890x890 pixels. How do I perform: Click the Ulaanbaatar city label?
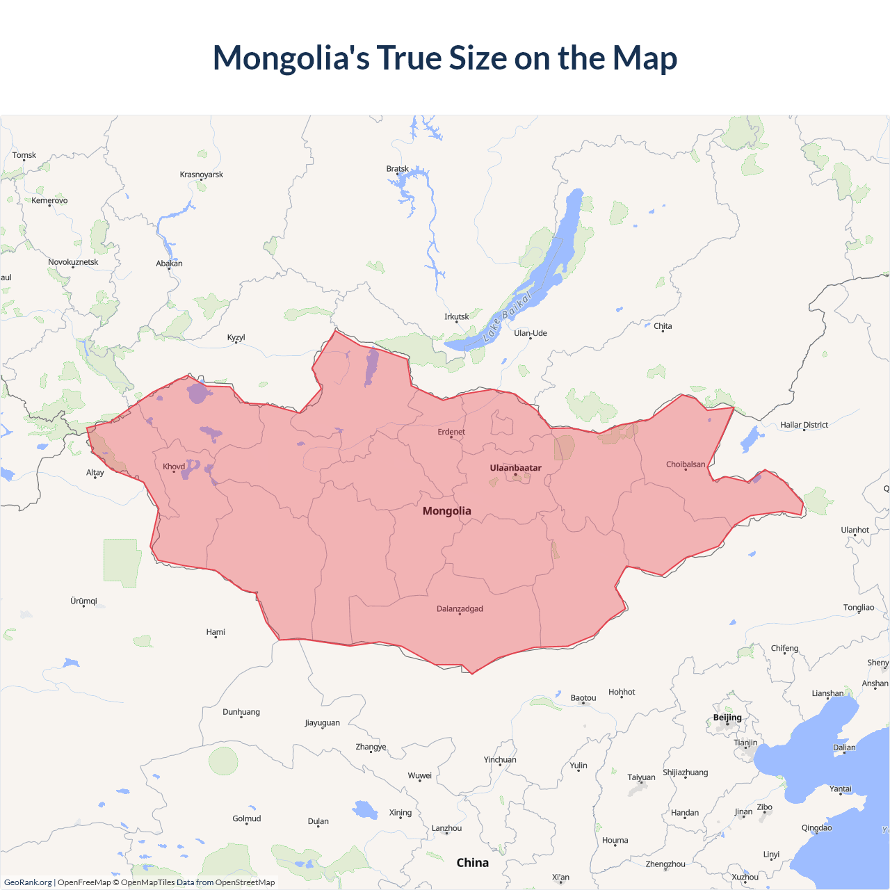(x=515, y=468)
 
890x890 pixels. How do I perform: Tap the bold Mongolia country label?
(x=446, y=511)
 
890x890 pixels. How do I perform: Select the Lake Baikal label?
(x=508, y=316)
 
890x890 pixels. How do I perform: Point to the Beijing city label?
(x=727, y=718)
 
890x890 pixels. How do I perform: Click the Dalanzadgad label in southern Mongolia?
(x=460, y=609)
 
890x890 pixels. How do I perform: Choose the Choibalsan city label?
(x=685, y=464)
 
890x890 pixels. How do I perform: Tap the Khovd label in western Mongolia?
(x=174, y=467)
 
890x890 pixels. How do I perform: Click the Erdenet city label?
(x=451, y=432)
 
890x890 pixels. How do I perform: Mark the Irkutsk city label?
(x=457, y=317)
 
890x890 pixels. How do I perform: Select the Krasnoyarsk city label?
(x=202, y=175)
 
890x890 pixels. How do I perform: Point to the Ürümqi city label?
(x=83, y=601)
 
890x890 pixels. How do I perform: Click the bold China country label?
(x=472, y=863)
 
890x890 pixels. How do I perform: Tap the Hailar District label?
(x=804, y=425)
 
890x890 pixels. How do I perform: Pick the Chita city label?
(x=663, y=326)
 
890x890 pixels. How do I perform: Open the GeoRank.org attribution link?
(x=28, y=882)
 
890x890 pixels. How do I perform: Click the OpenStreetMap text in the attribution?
(x=245, y=882)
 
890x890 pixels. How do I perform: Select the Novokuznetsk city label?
(x=73, y=262)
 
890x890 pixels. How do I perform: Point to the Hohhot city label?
(x=622, y=692)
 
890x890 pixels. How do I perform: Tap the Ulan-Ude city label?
(x=531, y=333)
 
